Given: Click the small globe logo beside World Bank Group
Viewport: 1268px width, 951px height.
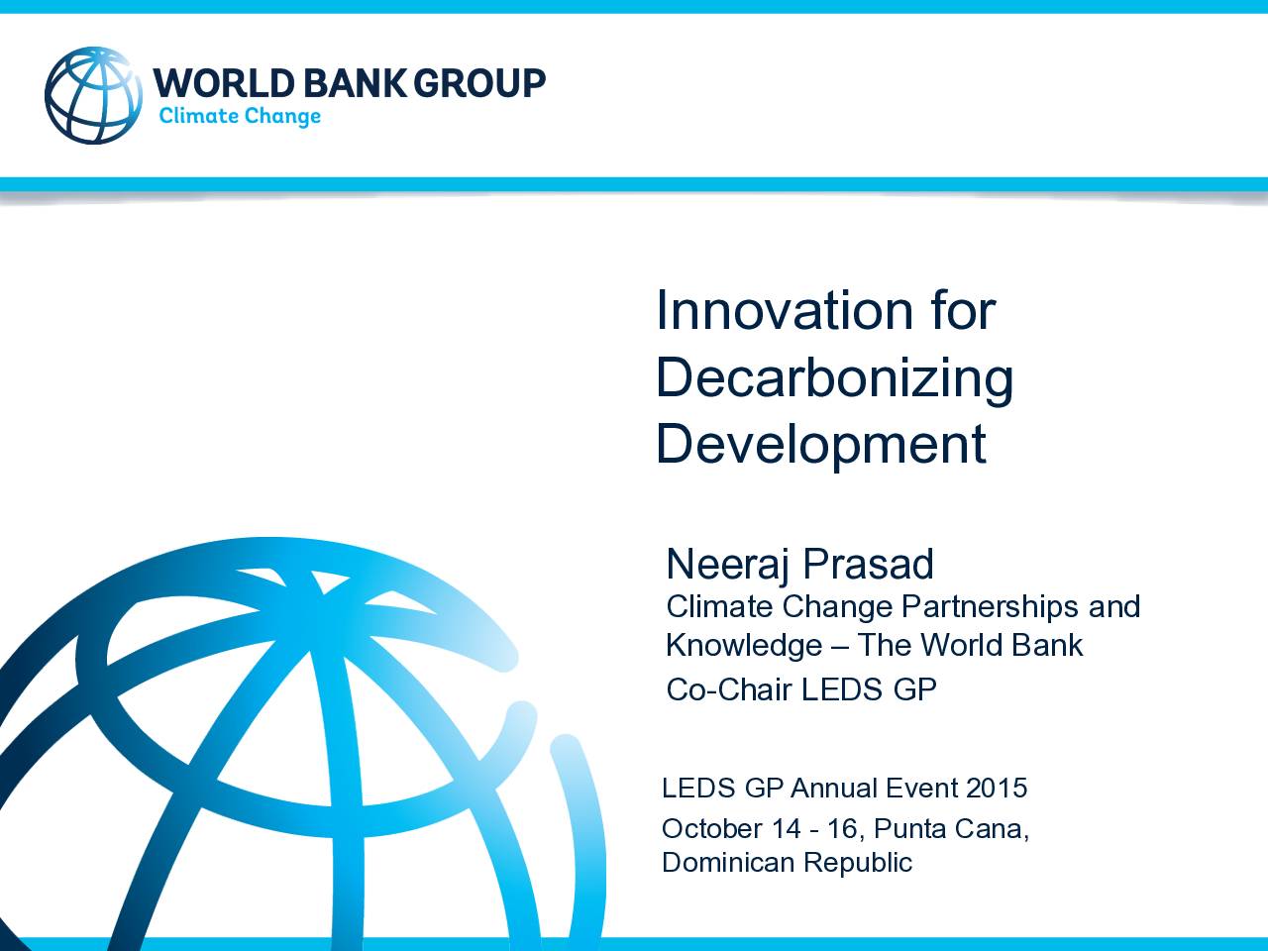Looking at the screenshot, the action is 93,95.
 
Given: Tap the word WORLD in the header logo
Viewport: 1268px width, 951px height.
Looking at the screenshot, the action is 225,83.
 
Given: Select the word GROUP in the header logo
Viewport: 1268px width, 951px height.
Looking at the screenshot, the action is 479,83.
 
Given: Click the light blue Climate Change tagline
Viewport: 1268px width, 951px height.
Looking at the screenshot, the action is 240,116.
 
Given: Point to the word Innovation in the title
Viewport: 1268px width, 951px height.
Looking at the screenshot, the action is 785,311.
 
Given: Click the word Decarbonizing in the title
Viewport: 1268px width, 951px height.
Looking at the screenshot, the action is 835,378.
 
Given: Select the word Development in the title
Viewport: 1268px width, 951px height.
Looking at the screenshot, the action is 821,445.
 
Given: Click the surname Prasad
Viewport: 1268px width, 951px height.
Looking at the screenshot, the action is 868,564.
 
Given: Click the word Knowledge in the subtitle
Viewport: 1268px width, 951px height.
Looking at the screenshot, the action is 744,646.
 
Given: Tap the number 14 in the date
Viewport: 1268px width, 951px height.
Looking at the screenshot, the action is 787,829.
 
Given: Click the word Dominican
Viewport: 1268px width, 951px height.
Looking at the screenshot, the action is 728,863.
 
